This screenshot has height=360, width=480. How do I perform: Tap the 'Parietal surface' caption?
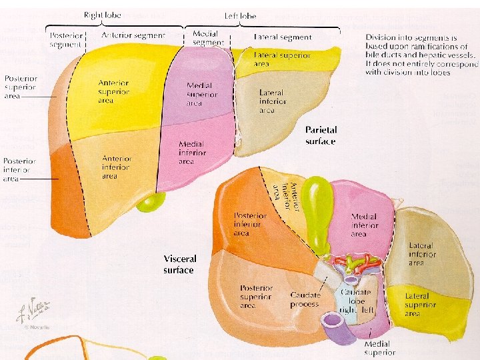321,135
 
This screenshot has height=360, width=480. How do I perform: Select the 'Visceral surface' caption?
179,264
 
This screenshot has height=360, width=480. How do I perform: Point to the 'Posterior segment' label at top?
65,40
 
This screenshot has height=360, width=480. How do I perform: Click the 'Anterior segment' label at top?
133,35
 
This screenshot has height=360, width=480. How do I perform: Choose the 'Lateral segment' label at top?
283,38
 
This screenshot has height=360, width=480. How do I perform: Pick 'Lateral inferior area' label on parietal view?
273,101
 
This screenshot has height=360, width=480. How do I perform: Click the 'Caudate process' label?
305,299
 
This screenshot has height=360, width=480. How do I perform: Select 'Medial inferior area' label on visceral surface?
363,225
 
